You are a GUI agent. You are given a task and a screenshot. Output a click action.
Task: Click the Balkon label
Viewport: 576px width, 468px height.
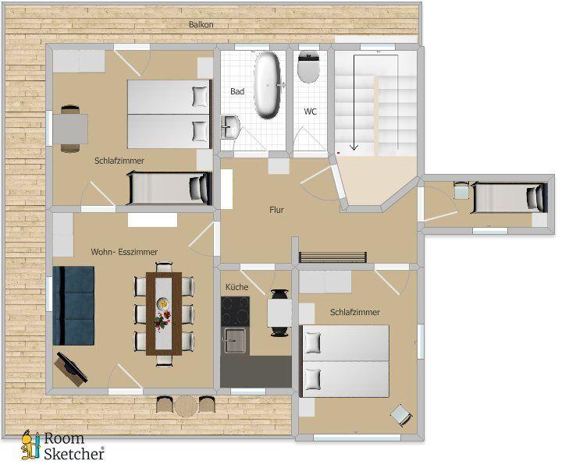201,25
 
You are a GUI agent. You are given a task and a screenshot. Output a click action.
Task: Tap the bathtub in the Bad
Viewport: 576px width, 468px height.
267,85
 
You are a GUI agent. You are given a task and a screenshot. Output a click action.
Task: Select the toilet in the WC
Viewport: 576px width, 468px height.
308,66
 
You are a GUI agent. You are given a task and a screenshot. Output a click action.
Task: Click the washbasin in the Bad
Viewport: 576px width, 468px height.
230,126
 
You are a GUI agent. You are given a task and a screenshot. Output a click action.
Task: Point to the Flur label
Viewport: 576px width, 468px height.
276,210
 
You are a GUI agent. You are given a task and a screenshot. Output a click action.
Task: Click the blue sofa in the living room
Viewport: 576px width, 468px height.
73,306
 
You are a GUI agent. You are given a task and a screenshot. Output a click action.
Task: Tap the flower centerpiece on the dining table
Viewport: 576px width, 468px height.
163,319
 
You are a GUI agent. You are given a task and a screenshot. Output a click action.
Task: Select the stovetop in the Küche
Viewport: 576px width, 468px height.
235,311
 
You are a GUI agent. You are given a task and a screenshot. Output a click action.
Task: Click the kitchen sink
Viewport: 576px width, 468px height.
235,340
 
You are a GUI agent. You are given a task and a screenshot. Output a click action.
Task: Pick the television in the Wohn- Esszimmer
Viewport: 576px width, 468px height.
71,368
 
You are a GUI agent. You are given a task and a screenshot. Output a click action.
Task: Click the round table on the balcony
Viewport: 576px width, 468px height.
186,406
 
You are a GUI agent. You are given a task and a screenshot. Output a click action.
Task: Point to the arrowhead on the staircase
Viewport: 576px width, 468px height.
354,147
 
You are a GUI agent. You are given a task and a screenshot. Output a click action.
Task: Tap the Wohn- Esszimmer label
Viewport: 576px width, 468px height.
124,252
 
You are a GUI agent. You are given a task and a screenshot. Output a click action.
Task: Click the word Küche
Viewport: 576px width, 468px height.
237,287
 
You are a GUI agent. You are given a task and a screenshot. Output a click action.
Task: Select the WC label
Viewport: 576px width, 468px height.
311,112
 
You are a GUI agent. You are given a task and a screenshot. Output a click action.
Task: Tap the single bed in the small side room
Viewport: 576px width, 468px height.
509,198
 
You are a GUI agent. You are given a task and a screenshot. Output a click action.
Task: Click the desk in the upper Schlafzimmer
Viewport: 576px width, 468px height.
70,129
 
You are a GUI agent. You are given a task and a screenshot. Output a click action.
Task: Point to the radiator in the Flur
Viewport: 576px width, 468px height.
332,257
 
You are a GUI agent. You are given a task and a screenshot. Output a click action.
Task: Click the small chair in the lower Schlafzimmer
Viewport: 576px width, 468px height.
401,415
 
